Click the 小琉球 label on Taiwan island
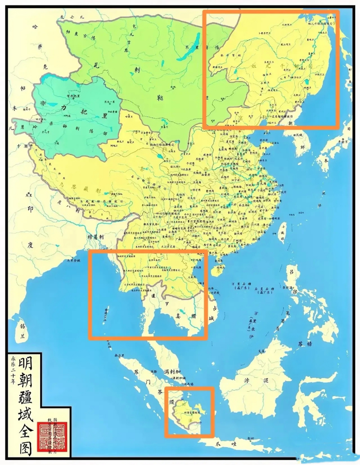point(282,232)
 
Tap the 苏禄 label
point(305,344)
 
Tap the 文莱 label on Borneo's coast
point(261,351)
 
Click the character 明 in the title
point(25,363)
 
